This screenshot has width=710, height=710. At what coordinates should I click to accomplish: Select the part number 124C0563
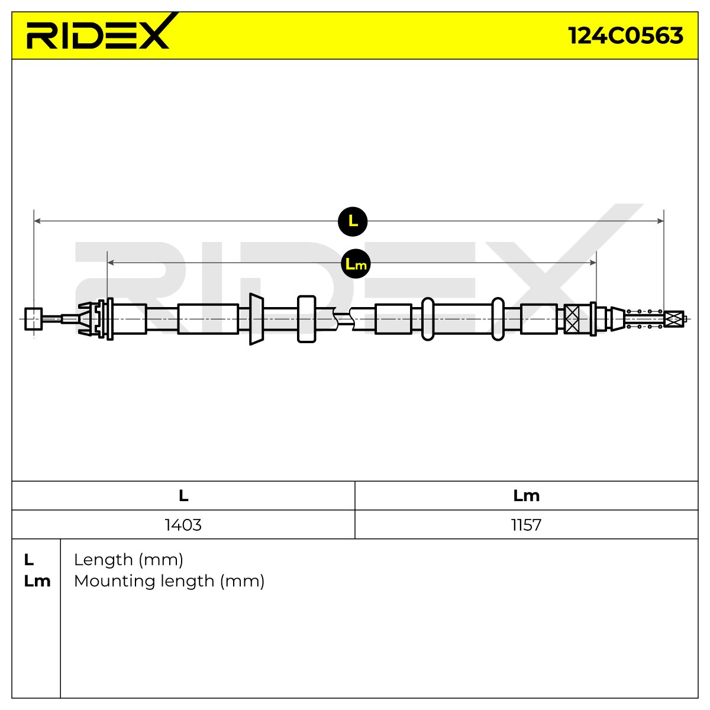coord(625,35)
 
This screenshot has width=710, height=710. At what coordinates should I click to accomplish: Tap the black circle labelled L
coord(353,221)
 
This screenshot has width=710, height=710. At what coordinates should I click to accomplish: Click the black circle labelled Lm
coord(356,264)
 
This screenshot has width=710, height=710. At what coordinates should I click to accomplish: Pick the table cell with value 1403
coord(183,525)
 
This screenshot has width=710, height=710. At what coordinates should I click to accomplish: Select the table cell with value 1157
coord(526,525)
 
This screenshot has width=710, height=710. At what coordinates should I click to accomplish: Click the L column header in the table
coord(183,496)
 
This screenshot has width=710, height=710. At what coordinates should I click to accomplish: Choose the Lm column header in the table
coord(526,496)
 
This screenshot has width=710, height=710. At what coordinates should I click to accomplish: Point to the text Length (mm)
coord(128,560)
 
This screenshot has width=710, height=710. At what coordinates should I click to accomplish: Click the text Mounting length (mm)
coord(169,582)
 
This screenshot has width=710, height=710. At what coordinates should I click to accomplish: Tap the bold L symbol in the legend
coord(29,560)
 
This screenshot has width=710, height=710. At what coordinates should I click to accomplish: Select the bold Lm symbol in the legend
coord(37,582)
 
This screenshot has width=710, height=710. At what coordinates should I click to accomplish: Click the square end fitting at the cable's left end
coord(34,319)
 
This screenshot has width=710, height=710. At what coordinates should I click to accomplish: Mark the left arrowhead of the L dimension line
coord(37,221)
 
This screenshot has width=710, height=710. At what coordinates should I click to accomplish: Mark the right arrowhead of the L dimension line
coord(660,221)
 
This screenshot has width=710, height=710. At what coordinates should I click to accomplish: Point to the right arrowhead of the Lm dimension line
coord(593,263)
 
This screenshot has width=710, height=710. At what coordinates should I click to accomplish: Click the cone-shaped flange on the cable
coord(256,319)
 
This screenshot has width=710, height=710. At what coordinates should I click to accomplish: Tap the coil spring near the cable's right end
coord(644,319)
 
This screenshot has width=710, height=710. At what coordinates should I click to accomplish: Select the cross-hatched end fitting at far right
coord(674,319)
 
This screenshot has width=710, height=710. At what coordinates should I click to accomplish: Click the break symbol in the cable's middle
coord(343,318)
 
